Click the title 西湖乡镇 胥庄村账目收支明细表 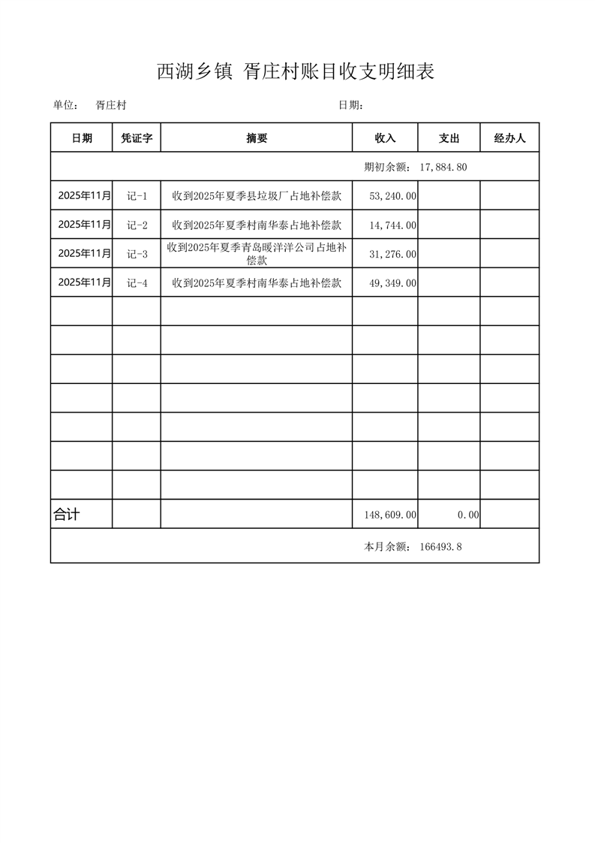(296, 71)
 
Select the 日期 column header (82, 138)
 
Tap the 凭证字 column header (137, 138)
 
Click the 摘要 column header (257, 138)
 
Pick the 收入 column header (385, 138)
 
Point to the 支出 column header (449, 138)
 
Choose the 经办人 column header (509, 138)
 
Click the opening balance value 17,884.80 (443, 167)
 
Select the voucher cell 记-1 (137, 196)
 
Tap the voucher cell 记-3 (137, 254)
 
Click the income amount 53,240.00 (393, 196)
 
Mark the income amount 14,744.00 (393, 225)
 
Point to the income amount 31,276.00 (393, 254)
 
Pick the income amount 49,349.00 (393, 283)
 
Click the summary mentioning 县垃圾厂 (257, 196)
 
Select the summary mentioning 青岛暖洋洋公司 (257, 254)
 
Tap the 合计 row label (67, 515)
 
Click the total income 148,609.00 (390, 515)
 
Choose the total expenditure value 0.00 (468, 515)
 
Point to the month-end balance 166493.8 (440, 546)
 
